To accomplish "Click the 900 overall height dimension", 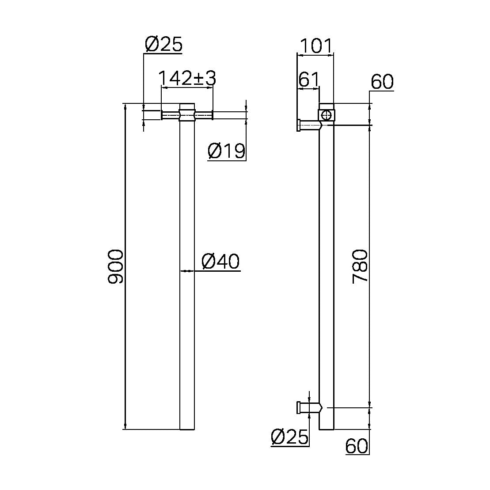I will coord(116,266).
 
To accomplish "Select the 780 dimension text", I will coord(360,266).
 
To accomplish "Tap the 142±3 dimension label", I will coord(187,78).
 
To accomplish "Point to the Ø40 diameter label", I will coord(220,262).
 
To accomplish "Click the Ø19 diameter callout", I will coord(226,151).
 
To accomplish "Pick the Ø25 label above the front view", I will coord(163,45).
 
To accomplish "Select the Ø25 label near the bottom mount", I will coord(289,437).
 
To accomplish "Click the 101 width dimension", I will coord(315,46).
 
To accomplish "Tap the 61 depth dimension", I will coord(308,80).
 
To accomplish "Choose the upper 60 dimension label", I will coord(382,82).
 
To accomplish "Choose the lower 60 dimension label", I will coord(357,446).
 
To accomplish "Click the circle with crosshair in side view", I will coord(327,115).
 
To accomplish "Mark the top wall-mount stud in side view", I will coord(308,125).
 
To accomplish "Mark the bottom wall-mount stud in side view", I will coord(308,407).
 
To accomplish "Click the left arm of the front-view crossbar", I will coord(171,116).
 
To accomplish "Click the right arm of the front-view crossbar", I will coord(204,116).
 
